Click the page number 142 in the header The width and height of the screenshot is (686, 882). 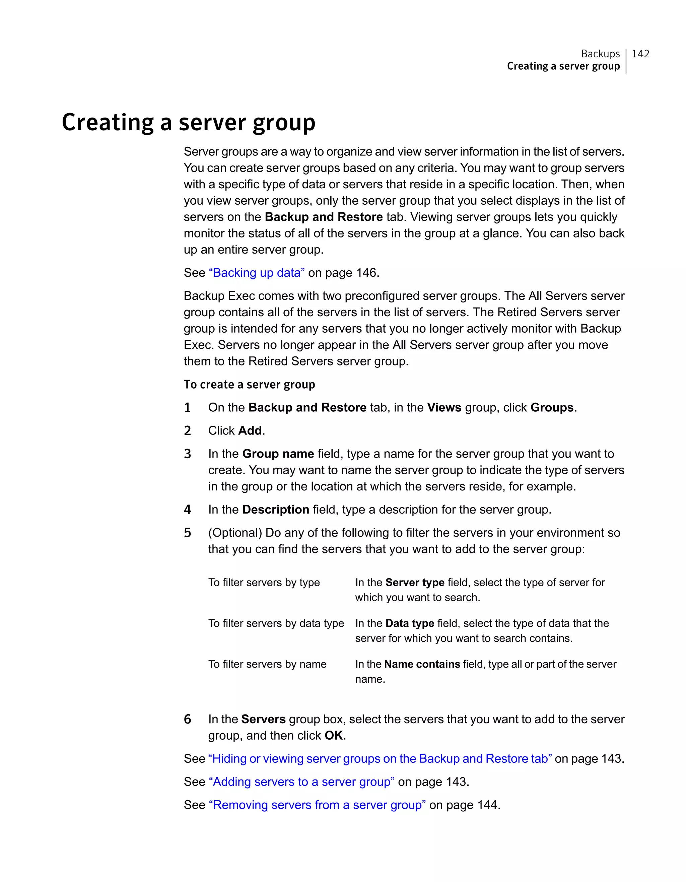pos(640,54)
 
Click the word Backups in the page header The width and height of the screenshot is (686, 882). pos(600,54)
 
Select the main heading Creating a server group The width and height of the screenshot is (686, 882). pos(188,122)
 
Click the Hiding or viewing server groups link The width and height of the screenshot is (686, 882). pos(380,759)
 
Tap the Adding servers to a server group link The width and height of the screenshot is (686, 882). pos(301,782)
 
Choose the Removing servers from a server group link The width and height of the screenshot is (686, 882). pos(317,805)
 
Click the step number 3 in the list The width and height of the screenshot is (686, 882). pos(187,454)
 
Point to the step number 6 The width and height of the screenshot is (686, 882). pos(187,719)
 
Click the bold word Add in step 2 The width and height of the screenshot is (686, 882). pos(250,431)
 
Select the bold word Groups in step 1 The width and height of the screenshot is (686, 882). pos(552,407)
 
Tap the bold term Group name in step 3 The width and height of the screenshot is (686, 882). pos(278,454)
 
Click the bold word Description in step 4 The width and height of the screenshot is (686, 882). pos(275,510)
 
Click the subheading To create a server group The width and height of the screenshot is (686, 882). pos(249,385)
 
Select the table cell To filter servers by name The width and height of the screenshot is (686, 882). pos(267,664)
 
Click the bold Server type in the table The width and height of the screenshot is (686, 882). pos(415,583)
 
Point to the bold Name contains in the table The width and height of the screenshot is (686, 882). pos(422,664)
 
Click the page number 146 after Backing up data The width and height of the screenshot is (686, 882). pos(366,273)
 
